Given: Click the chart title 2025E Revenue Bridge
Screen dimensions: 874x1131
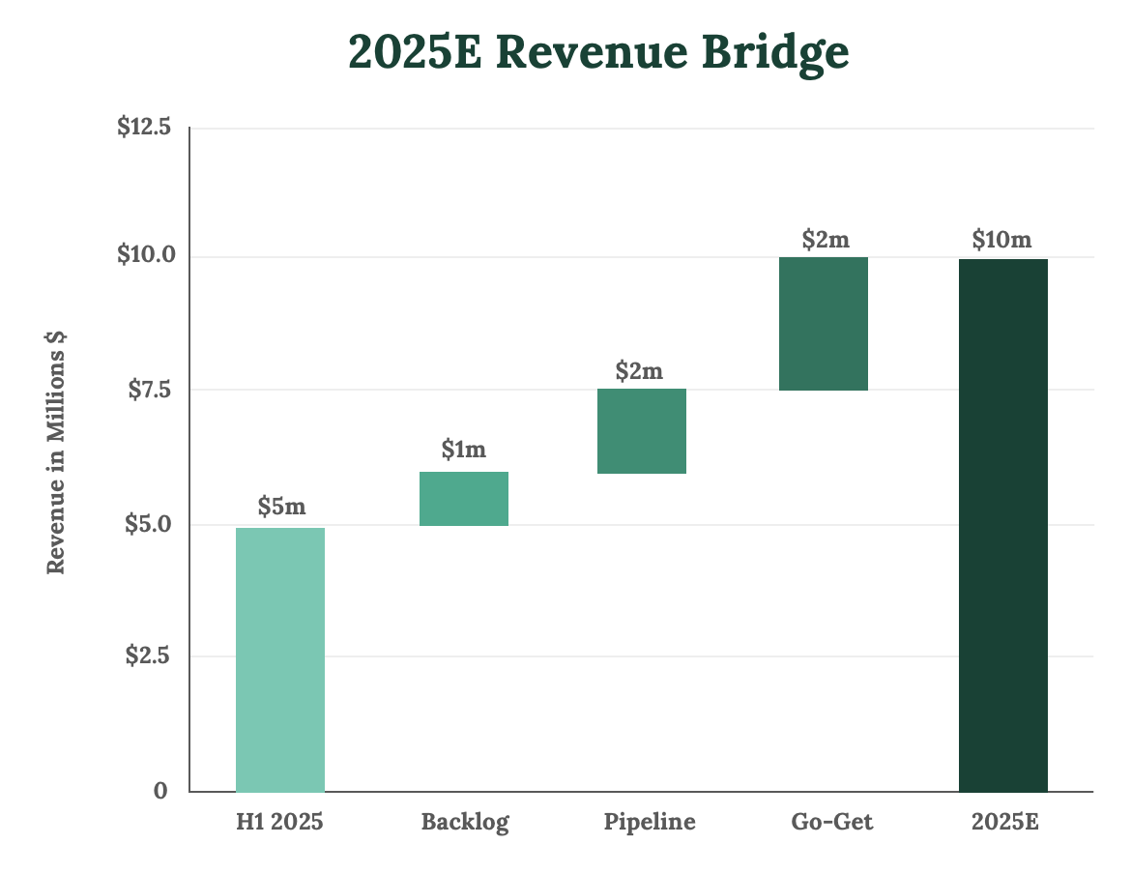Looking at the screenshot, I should (x=598, y=53).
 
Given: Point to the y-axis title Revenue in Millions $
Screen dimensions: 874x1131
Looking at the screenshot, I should (x=57, y=452).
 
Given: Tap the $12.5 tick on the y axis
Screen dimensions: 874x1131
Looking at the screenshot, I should (x=143, y=128).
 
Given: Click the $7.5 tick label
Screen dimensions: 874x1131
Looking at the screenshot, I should (x=148, y=390).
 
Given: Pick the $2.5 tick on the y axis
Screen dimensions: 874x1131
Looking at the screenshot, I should (x=148, y=655).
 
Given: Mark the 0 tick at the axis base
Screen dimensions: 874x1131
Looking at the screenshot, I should (x=160, y=791).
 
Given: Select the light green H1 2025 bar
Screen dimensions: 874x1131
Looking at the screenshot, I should (x=280, y=659).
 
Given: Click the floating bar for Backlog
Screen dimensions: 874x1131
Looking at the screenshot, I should (x=464, y=499).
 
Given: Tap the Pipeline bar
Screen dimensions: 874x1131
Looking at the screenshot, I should (x=642, y=431).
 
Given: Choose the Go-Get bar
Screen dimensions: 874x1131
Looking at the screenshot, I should (x=823, y=324).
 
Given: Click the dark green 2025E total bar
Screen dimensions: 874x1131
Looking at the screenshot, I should (x=1002, y=525).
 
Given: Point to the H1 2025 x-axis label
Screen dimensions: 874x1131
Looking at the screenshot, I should (x=280, y=823).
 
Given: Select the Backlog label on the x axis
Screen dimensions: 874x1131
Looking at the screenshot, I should (x=465, y=823).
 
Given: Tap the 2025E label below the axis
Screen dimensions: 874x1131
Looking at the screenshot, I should (x=1004, y=823).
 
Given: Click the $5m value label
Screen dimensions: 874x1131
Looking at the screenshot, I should (x=281, y=506).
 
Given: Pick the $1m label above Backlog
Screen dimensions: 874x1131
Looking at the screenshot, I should (x=464, y=450).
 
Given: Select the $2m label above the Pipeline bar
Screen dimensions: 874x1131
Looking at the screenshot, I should (x=640, y=370).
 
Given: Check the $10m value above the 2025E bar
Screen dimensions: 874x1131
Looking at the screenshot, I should (x=1002, y=239).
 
